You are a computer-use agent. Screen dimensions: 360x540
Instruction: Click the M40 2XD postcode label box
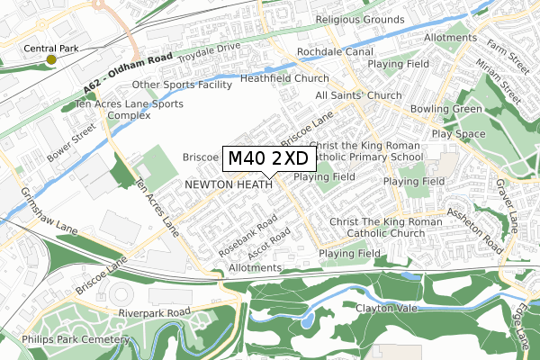268,158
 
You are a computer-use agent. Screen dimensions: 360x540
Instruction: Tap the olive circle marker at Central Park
51,59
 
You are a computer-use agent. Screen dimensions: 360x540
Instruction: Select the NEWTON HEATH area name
221,184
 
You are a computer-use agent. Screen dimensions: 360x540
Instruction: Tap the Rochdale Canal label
335,53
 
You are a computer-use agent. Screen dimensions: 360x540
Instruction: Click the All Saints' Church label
357,95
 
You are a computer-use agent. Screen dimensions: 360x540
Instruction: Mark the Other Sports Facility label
183,85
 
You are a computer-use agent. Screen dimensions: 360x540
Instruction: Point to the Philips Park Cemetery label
66,339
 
